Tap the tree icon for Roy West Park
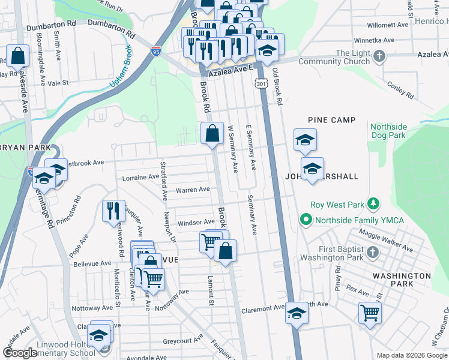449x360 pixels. (372, 204)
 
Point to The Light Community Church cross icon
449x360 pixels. (379, 57)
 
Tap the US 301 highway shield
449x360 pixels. (261, 85)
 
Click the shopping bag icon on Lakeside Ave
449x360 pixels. (19, 56)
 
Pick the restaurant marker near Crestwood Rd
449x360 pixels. (113, 211)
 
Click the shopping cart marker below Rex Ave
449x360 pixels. (370, 312)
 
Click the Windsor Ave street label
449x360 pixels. (196, 222)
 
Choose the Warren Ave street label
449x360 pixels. (192, 190)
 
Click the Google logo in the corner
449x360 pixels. (20, 353)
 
